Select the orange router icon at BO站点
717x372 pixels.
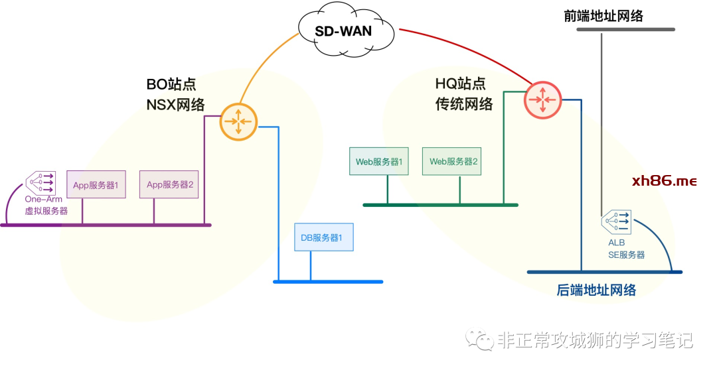[x=238, y=121]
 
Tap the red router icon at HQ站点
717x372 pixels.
[x=543, y=100]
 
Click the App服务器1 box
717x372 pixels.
[x=96, y=185]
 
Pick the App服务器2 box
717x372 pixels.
[x=169, y=184]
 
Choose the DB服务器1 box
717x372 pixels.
[x=323, y=237]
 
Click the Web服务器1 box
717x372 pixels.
[x=379, y=161]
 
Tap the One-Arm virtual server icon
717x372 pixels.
[x=40, y=182]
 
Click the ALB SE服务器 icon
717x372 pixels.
[x=616, y=222]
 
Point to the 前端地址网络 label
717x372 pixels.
[x=603, y=16]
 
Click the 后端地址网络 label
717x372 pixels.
[x=596, y=290]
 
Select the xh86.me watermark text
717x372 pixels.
[x=664, y=181]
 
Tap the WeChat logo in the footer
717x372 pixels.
[x=479, y=340]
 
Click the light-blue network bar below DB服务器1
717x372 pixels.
[x=328, y=282]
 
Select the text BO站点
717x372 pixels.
[x=171, y=84]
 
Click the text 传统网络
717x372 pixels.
[x=464, y=104]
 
